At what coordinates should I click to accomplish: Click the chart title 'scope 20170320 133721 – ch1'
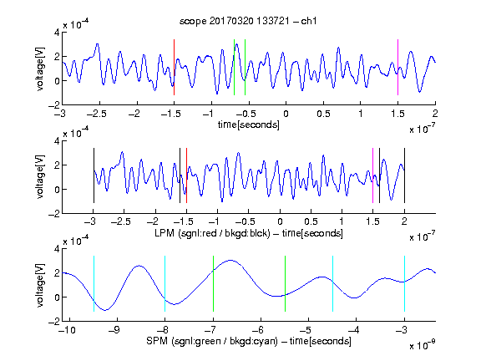coord(248,21)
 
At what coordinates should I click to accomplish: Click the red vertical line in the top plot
coord(174,67)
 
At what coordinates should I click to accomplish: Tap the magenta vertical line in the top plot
coord(397,67)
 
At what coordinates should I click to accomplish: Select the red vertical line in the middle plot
coord(186,175)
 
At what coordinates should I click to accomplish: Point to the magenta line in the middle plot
coord(372,175)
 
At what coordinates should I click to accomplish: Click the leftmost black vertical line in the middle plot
coord(94,175)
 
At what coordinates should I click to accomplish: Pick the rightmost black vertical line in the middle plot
coord(404,175)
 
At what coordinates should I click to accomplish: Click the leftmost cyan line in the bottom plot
coord(94,283)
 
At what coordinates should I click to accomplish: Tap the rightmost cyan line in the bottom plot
coord(404,283)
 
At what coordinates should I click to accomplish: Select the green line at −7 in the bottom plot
coord(213,283)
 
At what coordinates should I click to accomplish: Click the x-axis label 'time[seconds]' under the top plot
coord(249,125)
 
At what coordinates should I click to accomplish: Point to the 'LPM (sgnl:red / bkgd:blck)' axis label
coord(212,233)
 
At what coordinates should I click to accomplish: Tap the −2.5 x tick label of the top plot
coord(97,114)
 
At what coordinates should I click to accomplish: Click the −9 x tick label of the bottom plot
coord(115,330)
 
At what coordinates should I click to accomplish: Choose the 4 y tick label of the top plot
coord(57,33)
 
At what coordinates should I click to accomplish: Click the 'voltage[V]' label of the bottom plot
coord(40,285)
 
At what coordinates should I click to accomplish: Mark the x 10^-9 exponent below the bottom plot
coord(423,345)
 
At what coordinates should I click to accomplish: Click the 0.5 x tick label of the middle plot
coord(311,222)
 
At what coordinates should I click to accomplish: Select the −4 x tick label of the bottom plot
coord(354,330)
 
